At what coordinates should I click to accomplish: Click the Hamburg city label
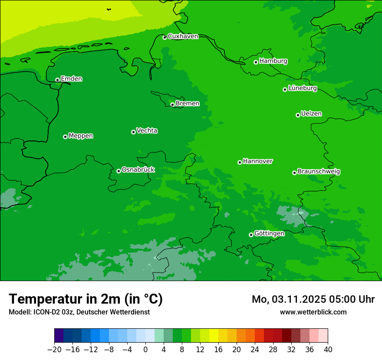click(x=273, y=61)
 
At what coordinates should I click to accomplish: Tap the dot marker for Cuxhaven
click(x=165, y=38)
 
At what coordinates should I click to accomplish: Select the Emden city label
click(x=71, y=79)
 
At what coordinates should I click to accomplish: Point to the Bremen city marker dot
click(x=172, y=105)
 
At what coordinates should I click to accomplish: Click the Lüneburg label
click(x=302, y=88)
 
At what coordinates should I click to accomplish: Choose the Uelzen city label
click(x=311, y=114)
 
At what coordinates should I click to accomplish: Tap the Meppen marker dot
click(x=65, y=137)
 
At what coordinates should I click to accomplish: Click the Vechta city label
click(x=147, y=131)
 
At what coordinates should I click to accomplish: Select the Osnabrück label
click(x=138, y=170)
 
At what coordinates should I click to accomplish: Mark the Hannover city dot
click(x=240, y=162)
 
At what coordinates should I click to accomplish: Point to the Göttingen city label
click(x=269, y=234)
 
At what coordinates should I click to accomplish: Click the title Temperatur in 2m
click(x=86, y=299)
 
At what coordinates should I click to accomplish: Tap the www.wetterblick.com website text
click(x=313, y=312)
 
